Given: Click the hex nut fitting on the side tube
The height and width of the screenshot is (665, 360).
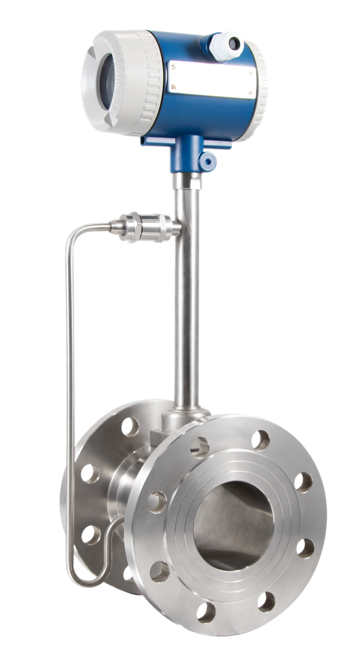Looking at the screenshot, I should pyautogui.click(x=133, y=227).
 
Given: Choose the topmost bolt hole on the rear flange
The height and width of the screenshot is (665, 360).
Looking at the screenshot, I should pyautogui.click(x=129, y=426).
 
